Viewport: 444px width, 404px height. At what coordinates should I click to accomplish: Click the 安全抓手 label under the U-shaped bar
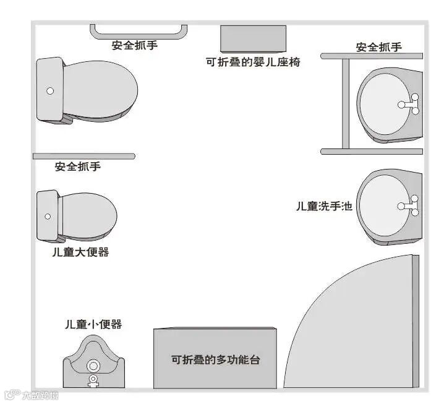click(135, 45)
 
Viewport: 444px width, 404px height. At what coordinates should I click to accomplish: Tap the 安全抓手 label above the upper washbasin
click(379, 47)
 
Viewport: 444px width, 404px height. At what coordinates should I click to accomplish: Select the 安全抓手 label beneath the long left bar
click(78, 166)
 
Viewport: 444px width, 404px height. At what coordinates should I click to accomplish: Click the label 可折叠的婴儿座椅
click(254, 62)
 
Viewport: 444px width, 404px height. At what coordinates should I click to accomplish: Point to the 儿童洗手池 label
click(324, 206)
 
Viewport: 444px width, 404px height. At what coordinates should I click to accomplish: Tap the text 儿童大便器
click(80, 252)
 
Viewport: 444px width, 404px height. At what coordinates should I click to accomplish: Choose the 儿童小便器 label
click(93, 324)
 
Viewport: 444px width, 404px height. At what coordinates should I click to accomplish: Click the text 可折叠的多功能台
click(215, 359)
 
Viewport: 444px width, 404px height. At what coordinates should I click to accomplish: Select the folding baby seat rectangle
click(254, 39)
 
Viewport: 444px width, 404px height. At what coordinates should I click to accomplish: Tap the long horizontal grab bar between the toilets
click(83, 156)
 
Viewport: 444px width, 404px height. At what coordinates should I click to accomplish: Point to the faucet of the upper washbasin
click(413, 103)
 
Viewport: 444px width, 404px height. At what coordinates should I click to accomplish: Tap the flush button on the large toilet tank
click(50, 91)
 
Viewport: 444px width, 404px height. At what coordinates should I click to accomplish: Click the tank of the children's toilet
click(48, 216)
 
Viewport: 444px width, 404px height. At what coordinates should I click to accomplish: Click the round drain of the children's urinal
click(94, 365)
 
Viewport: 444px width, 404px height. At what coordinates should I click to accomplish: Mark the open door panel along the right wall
click(416, 322)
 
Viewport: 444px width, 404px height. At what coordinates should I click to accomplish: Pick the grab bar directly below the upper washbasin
click(372, 151)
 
